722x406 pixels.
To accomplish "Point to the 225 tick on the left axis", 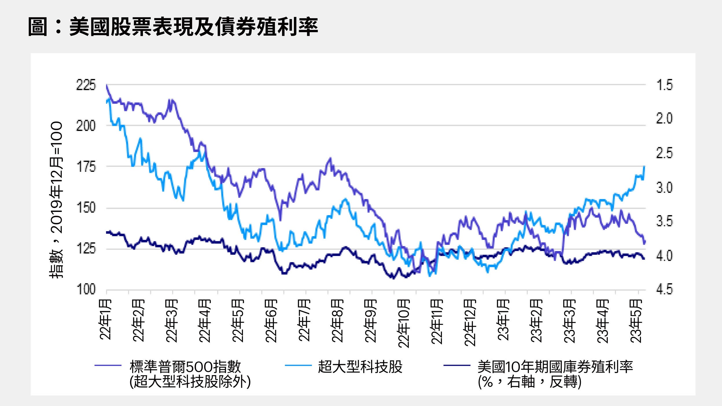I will pyautogui.click(x=86, y=85).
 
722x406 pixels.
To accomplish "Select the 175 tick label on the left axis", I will pyautogui.click(x=86, y=167).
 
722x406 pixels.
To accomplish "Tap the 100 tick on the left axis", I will pyautogui.click(x=86, y=289).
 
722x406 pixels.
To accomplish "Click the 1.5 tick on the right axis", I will pyautogui.click(x=664, y=85).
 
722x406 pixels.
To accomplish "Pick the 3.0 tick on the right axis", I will pyautogui.click(x=664, y=188).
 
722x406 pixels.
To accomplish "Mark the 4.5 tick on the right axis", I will pyautogui.click(x=664, y=289).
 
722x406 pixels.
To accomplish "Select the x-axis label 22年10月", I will pyautogui.click(x=404, y=323).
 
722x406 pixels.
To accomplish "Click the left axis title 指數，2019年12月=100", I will pyautogui.click(x=56, y=200).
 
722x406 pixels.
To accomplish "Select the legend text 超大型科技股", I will pyautogui.click(x=360, y=367).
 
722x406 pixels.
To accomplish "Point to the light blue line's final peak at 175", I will pyautogui.click(x=644, y=167).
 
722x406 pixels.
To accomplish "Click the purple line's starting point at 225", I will pyautogui.click(x=107, y=85).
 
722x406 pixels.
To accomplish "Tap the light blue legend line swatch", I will pyautogui.click(x=298, y=366).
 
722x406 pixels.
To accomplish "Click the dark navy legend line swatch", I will pyautogui.click(x=457, y=366).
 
